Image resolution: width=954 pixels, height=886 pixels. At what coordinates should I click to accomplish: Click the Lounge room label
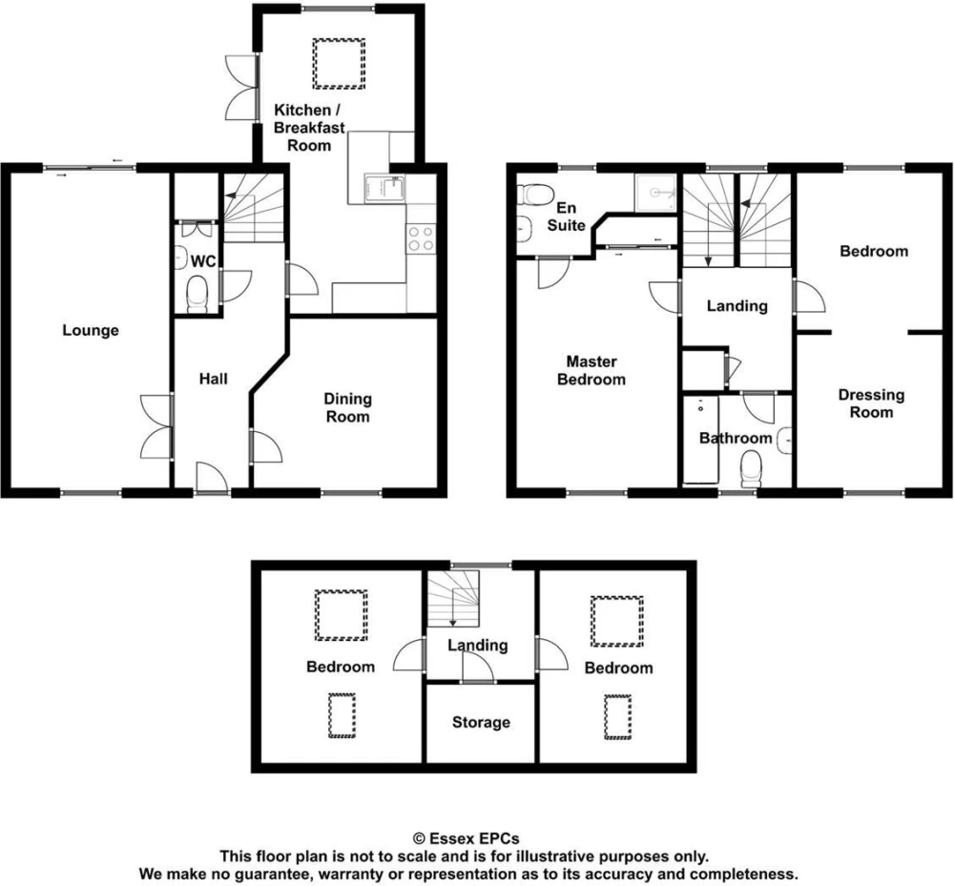click(x=91, y=331)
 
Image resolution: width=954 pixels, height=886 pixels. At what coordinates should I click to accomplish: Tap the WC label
click(x=203, y=261)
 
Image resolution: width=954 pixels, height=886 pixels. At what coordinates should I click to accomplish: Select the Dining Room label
click(x=347, y=407)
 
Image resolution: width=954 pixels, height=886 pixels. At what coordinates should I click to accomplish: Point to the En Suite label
click(x=566, y=216)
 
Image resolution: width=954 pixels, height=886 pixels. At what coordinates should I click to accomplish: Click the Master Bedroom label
click(x=591, y=370)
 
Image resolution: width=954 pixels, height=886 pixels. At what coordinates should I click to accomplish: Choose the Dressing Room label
click(x=871, y=403)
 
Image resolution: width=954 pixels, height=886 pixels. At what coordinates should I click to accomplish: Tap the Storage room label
click(x=481, y=722)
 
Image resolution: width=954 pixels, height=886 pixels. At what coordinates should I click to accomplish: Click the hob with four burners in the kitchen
click(x=421, y=238)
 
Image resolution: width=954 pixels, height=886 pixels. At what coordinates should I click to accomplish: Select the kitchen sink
click(x=384, y=188)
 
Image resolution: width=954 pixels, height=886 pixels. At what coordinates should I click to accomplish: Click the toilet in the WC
click(x=197, y=293)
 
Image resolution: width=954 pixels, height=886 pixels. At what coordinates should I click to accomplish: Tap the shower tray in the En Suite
click(x=655, y=192)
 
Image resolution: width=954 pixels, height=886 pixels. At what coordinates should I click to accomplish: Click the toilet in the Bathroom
click(x=751, y=469)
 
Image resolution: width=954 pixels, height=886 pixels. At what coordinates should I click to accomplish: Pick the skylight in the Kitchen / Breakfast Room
click(x=339, y=63)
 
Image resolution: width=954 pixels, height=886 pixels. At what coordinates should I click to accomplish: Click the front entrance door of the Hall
click(x=211, y=477)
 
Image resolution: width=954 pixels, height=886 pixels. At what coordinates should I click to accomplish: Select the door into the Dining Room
click(x=266, y=445)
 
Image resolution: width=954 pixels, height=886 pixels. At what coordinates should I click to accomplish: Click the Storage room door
click(x=478, y=667)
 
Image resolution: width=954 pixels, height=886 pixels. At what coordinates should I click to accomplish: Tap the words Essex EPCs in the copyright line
click(x=474, y=839)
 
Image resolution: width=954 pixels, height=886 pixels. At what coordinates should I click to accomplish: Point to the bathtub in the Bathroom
click(x=701, y=441)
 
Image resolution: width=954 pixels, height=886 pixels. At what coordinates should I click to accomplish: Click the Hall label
click(x=214, y=379)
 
